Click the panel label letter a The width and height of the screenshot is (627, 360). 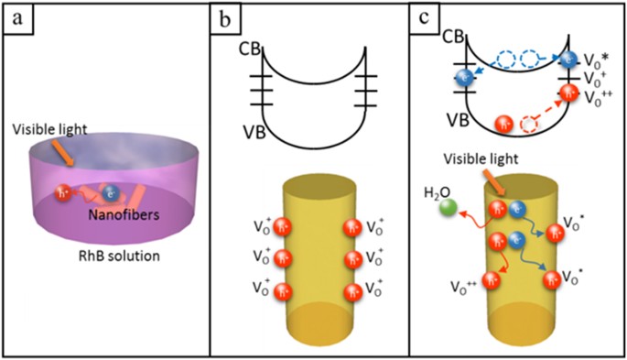tap(16, 16)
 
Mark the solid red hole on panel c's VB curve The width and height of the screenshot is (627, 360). tap(502, 122)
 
